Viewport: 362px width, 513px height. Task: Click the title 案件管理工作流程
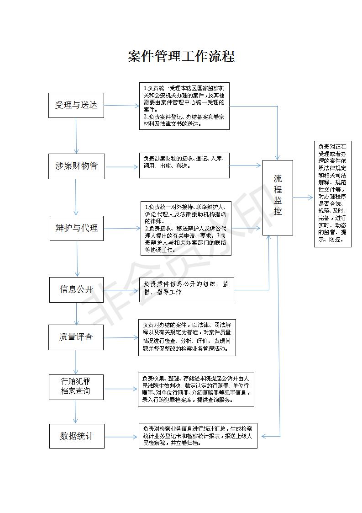(x=181, y=56)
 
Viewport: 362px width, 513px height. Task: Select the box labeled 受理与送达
(x=76, y=105)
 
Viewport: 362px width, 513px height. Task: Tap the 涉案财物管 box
(x=77, y=166)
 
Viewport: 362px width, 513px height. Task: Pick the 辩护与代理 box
(x=77, y=228)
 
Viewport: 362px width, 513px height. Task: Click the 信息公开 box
(x=76, y=289)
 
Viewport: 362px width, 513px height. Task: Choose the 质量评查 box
(x=76, y=337)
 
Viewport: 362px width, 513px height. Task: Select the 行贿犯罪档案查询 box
(x=76, y=387)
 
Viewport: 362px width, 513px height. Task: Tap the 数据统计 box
(x=77, y=436)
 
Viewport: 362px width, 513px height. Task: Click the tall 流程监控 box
(x=278, y=198)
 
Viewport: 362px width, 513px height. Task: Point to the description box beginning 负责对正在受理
(x=332, y=194)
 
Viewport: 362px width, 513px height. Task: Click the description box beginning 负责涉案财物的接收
(x=184, y=165)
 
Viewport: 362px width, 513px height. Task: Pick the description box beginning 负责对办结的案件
(x=187, y=337)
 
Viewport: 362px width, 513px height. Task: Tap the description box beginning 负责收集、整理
(x=195, y=390)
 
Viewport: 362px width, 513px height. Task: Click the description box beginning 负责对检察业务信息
(x=198, y=436)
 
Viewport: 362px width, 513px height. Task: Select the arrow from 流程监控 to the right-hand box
(x=303, y=198)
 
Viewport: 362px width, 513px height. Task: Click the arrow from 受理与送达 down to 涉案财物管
(x=76, y=135)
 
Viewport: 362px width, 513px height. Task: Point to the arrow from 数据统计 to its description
(x=121, y=437)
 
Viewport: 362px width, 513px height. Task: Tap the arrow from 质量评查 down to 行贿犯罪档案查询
(x=76, y=362)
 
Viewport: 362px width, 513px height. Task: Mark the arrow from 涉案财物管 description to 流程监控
(x=245, y=165)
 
